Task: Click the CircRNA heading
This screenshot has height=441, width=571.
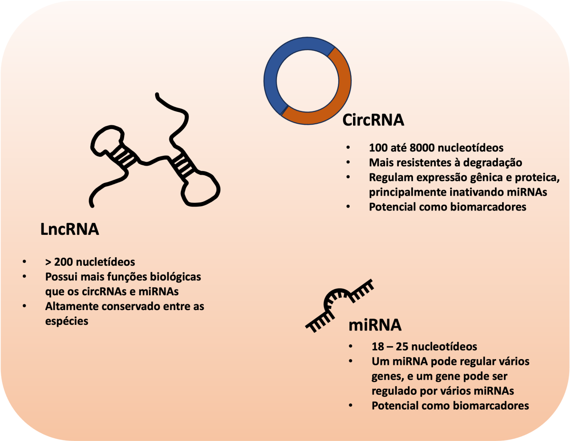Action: (x=373, y=120)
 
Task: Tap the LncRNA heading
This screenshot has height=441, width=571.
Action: (x=69, y=229)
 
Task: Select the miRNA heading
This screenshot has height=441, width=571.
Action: (x=375, y=325)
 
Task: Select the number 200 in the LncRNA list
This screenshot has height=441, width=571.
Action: (x=63, y=262)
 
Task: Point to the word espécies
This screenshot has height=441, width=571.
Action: (x=67, y=321)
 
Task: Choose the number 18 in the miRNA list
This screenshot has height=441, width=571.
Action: (x=378, y=347)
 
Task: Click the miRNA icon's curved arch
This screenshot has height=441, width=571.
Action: (x=337, y=293)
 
